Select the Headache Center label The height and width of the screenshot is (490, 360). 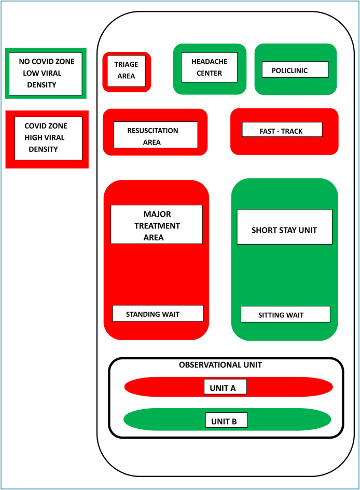point(209,67)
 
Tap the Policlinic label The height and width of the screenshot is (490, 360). point(295,69)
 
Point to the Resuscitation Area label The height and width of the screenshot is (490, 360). point(156,135)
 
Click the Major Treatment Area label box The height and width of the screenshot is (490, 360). point(157,225)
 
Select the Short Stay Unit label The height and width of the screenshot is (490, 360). point(284,227)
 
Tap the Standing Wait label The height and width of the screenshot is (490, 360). point(158,313)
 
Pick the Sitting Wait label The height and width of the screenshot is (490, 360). point(285,314)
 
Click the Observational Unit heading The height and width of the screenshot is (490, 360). point(220,365)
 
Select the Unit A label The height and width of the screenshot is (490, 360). point(225,387)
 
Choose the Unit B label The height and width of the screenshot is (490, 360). point(226,421)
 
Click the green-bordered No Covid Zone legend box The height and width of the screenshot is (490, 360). point(46,73)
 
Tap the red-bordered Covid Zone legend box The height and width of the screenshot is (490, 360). point(47,138)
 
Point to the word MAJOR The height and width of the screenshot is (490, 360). point(157,214)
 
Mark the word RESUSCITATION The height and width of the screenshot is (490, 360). point(153,130)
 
